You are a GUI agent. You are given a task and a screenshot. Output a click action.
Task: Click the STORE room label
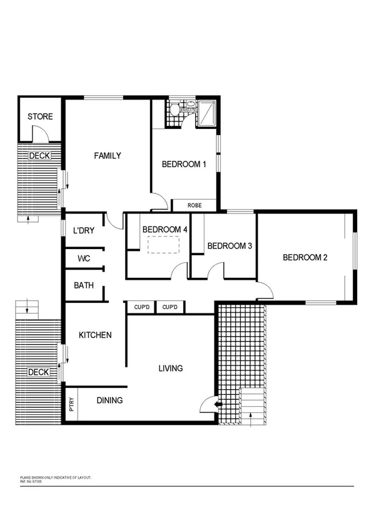click(x=39, y=116)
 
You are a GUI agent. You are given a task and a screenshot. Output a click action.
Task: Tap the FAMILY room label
click(x=108, y=156)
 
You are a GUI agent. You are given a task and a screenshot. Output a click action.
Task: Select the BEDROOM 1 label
click(x=184, y=165)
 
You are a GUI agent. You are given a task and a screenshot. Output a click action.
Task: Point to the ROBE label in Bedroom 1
click(x=195, y=205)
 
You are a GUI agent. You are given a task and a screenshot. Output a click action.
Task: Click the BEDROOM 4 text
click(x=165, y=230)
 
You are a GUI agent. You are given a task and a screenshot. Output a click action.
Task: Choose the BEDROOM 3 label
click(x=230, y=246)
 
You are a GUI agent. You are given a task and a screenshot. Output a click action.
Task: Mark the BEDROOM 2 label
click(x=305, y=257)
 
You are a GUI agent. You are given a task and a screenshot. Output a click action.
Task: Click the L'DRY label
click(x=84, y=231)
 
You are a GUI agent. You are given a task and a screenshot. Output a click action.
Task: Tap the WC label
click(x=84, y=258)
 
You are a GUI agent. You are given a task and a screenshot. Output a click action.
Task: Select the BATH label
click(x=84, y=285)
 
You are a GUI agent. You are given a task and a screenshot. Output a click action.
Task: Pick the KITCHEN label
click(x=95, y=335)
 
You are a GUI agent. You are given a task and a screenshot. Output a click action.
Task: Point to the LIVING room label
click(x=170, y=369)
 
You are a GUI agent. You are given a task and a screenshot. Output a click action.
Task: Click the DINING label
click(x=109, y=400)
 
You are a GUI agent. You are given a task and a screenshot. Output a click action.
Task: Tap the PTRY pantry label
click(x=71, y=404)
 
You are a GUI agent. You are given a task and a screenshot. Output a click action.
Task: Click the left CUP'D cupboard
click(x=141, y=307)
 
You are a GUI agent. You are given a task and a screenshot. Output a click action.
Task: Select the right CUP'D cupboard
click(x=170, y=307)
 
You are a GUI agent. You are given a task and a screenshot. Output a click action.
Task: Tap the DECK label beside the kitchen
click(x=38, y=372)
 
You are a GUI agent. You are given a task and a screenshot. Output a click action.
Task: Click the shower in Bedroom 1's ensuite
click(x=206, y=113)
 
